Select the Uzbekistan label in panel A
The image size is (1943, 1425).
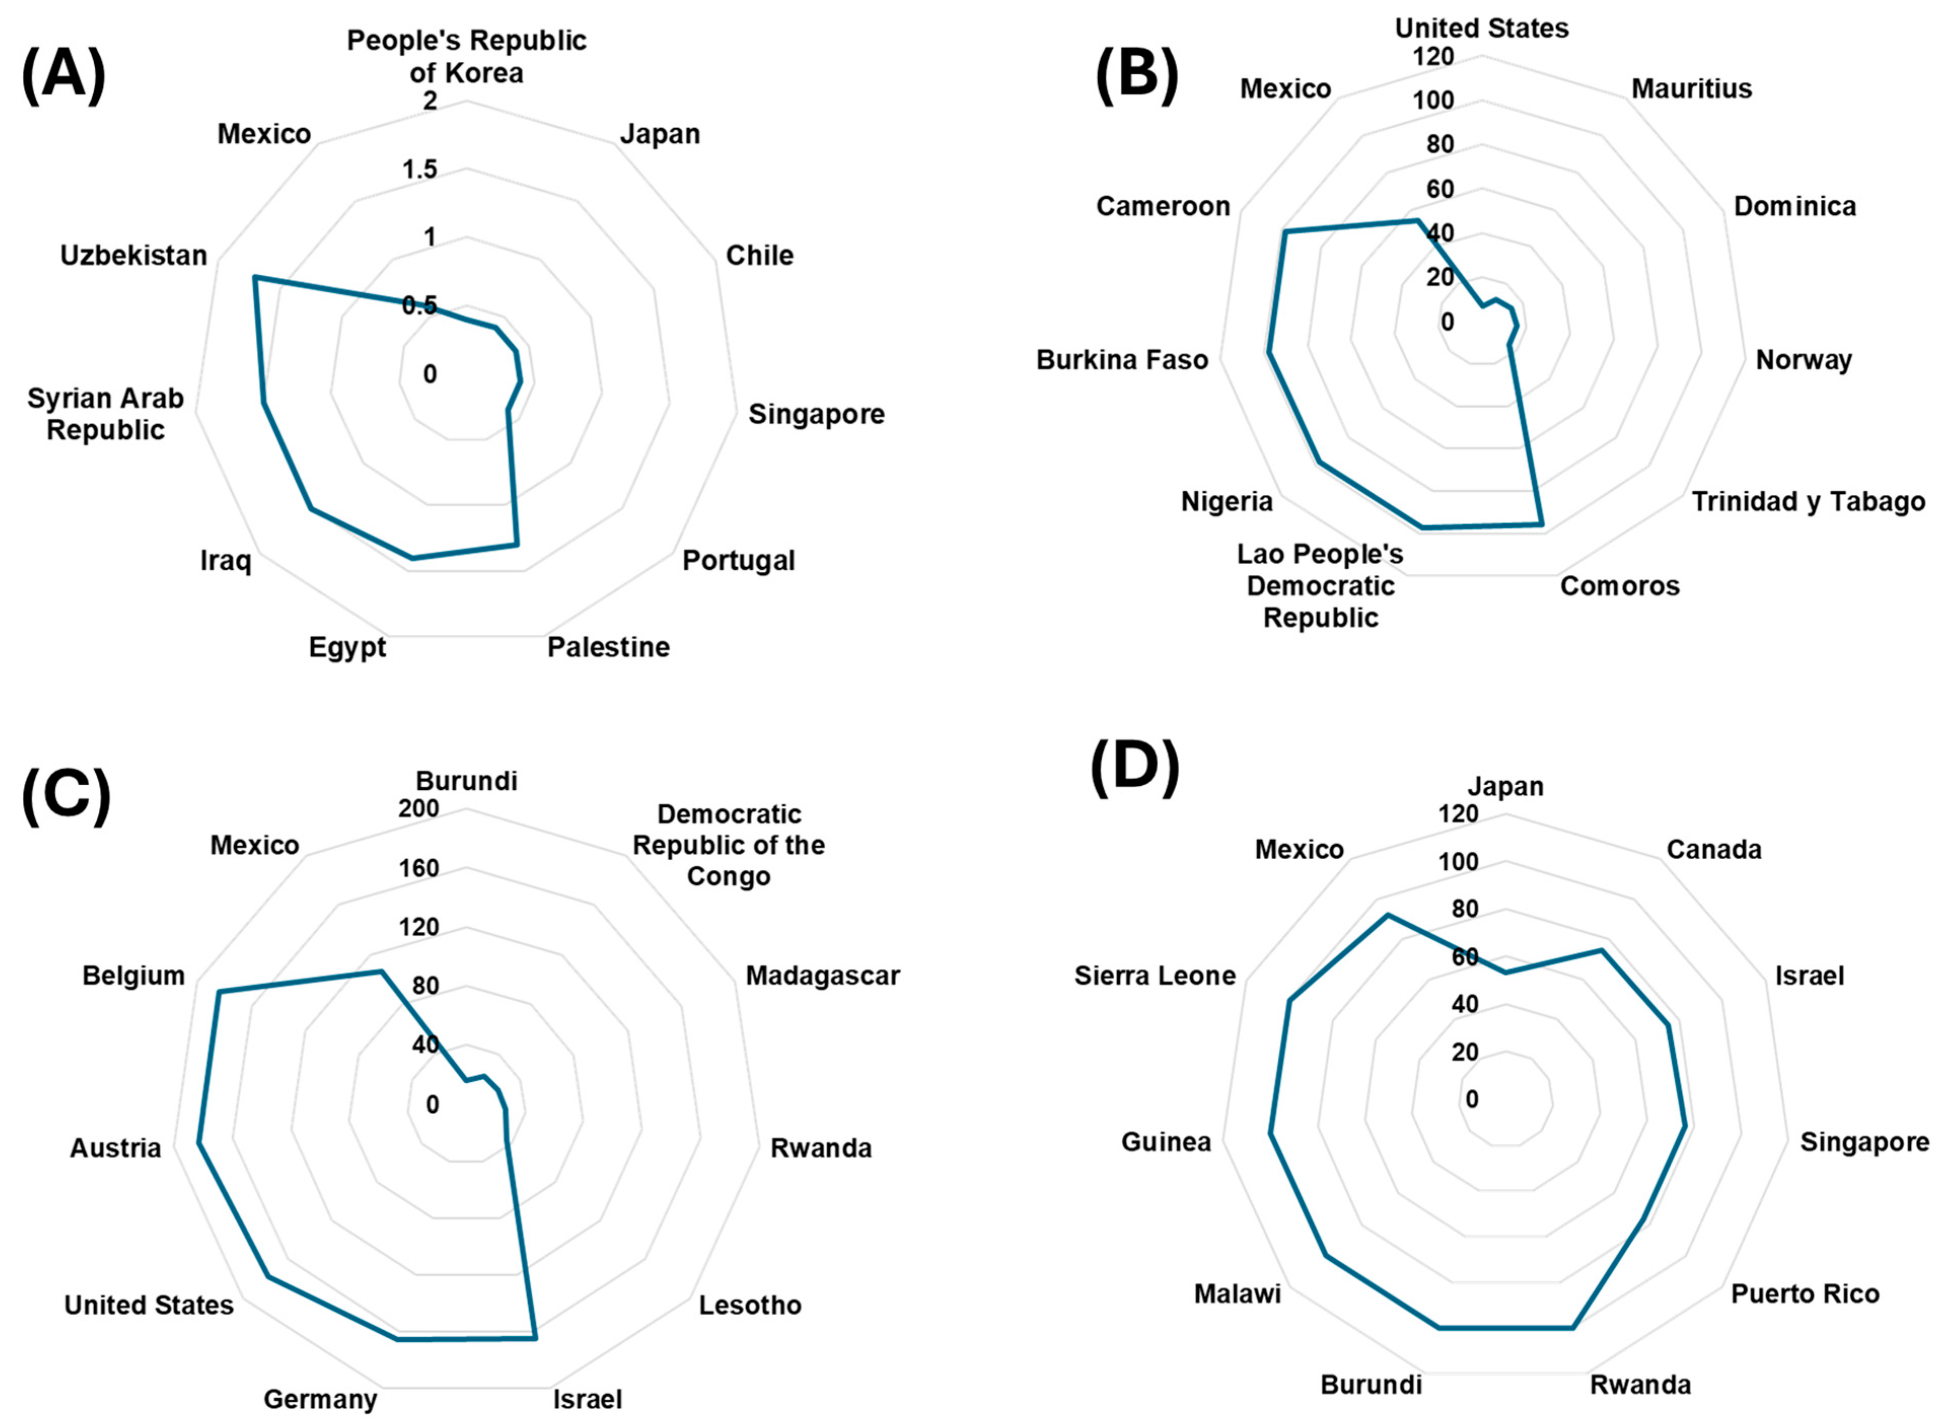pos(134,255)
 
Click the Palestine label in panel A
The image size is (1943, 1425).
pos(608,647)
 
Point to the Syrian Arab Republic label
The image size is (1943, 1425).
pos(105,414)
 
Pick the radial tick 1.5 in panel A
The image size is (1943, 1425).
pos(420,169)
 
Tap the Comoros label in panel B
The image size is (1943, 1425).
pos(1620,587)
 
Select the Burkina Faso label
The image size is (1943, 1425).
pos(1122,360)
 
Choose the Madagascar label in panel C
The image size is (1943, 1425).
pos(822,975)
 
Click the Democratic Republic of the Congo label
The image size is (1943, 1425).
pos(729,846)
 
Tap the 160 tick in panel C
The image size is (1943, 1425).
pos(419,868)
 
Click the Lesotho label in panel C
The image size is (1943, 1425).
pos(749,1305)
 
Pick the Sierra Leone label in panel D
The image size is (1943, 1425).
pos(1155,975)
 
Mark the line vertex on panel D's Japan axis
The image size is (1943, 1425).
pos(1506,973)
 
